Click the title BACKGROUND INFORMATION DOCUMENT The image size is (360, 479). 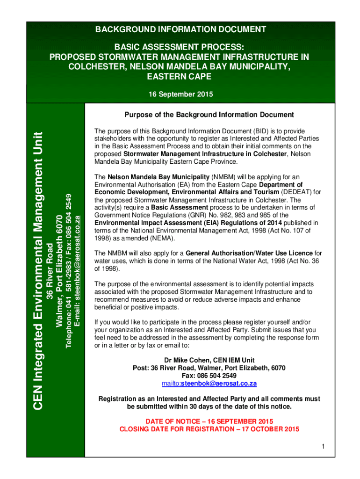180,30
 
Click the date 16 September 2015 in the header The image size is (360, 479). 180,94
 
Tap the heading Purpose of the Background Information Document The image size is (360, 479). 209,115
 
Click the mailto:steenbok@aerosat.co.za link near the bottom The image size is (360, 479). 209,384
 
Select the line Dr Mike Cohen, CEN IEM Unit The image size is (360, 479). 209,360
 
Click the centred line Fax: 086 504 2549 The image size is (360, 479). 209,376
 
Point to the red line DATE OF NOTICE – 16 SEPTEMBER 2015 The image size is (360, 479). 209,421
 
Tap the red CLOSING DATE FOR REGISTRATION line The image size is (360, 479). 209,429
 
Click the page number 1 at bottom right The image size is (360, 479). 323,447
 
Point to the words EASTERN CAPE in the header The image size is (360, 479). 180,76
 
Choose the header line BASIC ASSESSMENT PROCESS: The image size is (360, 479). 180,47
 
